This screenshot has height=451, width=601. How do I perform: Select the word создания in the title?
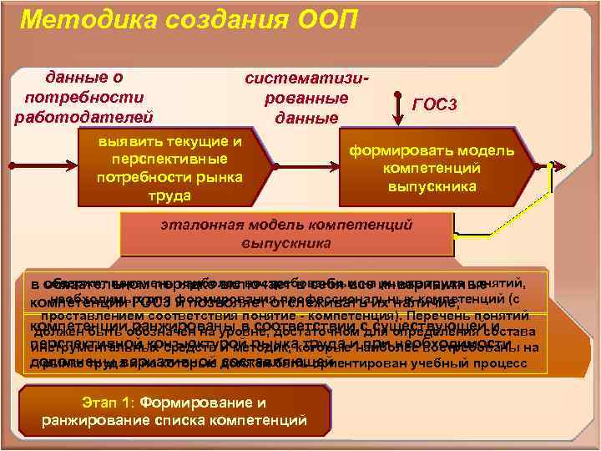point(218,18)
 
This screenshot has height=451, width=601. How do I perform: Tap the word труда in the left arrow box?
point(169,195)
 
